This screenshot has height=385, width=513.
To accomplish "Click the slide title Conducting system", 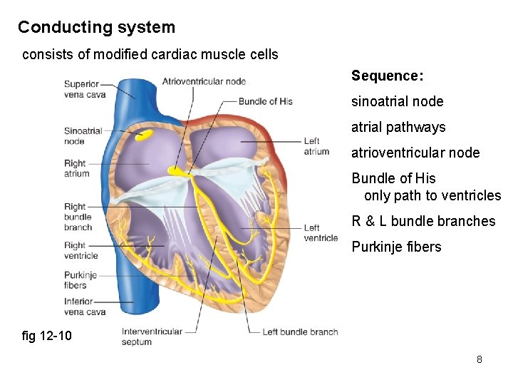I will pyautogui.click(x=96, y=28).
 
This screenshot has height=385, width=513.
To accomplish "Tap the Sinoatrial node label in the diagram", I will pyautogui.click(x=83, y=136).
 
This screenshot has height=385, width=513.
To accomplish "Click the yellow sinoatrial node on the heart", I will pyautogui.click(x=145, y=134).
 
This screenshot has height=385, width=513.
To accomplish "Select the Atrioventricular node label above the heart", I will pyautogui.click(x=204, y=81).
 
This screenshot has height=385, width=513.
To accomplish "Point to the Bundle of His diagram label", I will pyautogui.click(x=265, y=101).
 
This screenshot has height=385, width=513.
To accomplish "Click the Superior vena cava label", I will pyautogui.click(x=84, y=89).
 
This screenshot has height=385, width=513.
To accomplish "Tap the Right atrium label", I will pyautogui.click(x=76, y=168).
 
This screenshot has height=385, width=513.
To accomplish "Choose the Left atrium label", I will pyautogui.click(x=316, y=146).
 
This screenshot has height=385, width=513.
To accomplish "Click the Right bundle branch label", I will pyautogui.click(x=78, y=217).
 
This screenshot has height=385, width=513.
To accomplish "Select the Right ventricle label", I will pyautogui.click(x=81, y=250).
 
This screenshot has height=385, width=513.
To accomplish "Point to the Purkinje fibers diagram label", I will pyautogui.click(x=80, y=280).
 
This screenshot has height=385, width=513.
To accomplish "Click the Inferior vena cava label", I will pyautogui.click(x=84, y=307).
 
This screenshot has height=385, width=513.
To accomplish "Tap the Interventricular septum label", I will pyautogui.click(x=152, y=337).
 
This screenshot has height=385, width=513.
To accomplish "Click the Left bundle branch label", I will pyautogui.click(x=300, y=332).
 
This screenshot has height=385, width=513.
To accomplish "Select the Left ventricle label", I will pyautogui.click(x=321, y=233).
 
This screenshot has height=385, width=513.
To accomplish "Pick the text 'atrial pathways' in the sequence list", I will pyautogui.click(x=398, y=128).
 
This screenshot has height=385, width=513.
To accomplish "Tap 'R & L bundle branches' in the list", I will pyautogui.click(x=423, y=221).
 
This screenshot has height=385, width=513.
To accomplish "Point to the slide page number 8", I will pyautogui.click(x=479, y=359).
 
